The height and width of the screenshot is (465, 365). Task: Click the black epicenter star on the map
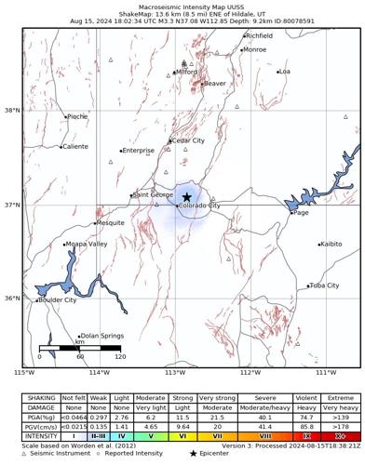click(x=187, y=197)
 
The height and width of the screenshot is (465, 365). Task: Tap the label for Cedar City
click(x=188, y=141)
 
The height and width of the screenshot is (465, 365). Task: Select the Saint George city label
click(x=154, y=195)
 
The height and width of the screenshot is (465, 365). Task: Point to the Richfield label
click(x=259, y=36)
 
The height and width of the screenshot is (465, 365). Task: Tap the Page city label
click(x=301, y=213)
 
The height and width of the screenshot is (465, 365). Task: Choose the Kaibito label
click(x=331, y=245)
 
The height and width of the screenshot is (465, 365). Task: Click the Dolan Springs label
click(x=102, y=336)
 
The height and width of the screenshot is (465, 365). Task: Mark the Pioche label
click(x=77, y=117)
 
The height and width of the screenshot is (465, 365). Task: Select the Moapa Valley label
click(x=86, y=245)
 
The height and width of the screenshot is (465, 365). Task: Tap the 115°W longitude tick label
click(x=24, y=373)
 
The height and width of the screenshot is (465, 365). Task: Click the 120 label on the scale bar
click(x=119, y=356)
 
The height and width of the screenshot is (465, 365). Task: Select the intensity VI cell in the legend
click(x=183, y=434)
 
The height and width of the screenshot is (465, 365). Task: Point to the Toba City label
click(x=325, y=286)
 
